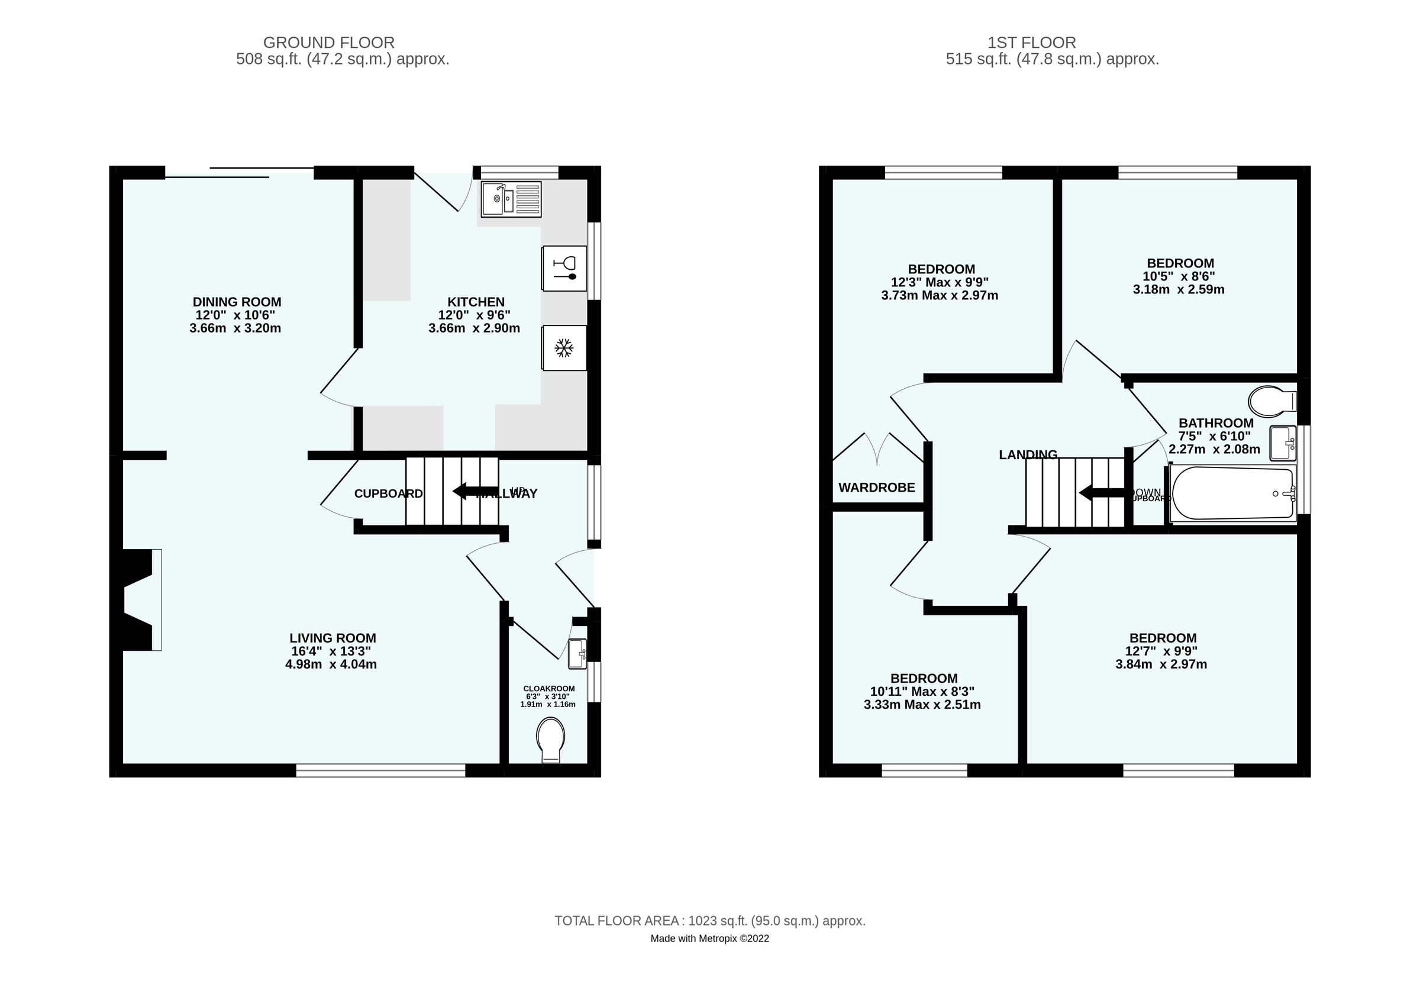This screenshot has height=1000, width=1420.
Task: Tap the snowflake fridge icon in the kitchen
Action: [x=563, y=347]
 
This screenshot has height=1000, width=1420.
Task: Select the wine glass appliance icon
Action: [x=563, y=269]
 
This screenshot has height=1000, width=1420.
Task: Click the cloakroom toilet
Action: [x=550, y=739]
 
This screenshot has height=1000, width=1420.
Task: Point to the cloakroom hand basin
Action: [x=577, y=654]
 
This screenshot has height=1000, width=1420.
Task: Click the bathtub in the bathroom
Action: [x=1232, y=493]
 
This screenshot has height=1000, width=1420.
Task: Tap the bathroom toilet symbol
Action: [x=1270, y=401]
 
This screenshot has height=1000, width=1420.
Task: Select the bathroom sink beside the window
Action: [x=1283, y=443]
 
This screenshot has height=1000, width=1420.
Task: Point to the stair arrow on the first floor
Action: [x=1102, y=493]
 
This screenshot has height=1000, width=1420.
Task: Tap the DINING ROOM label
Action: [x=237, y=302]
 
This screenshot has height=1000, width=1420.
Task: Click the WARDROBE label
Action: [x=876, y=488]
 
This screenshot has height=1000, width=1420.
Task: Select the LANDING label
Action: [x=1028, y=454]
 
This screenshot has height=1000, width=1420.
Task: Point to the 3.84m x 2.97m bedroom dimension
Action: [x=1161, y=664]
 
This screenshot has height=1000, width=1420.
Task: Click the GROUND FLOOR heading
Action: [x=328, y=43]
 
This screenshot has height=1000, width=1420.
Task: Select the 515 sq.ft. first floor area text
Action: [x=1052, y=59]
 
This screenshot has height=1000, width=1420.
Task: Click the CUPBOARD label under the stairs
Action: [x=388, y=493]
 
